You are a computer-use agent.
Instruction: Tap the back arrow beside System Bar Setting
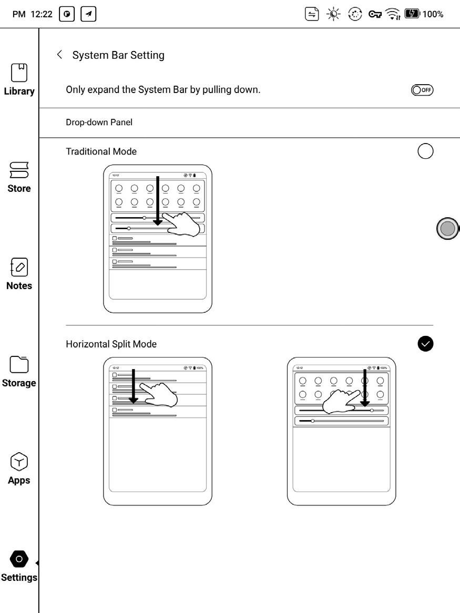(x=59, y=55)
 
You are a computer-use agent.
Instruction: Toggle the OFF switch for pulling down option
(x=423, y=90)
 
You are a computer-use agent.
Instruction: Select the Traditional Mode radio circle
(x=425, y=151)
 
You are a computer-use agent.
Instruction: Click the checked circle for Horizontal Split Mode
(x=425, y=343)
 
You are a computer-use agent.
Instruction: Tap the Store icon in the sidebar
(x=19, y=170)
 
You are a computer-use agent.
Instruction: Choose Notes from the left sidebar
(x=19, y=267)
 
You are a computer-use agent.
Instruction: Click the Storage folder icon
(x=19, y=364)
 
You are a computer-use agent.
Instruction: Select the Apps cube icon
(x=19, y=462)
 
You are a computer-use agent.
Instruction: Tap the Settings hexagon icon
(x=19, y=559)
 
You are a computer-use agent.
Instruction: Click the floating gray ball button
(x=447, y=229)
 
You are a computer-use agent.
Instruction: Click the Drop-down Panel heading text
(x=99, y=122)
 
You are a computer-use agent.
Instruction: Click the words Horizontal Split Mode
(x=111, y=344)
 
